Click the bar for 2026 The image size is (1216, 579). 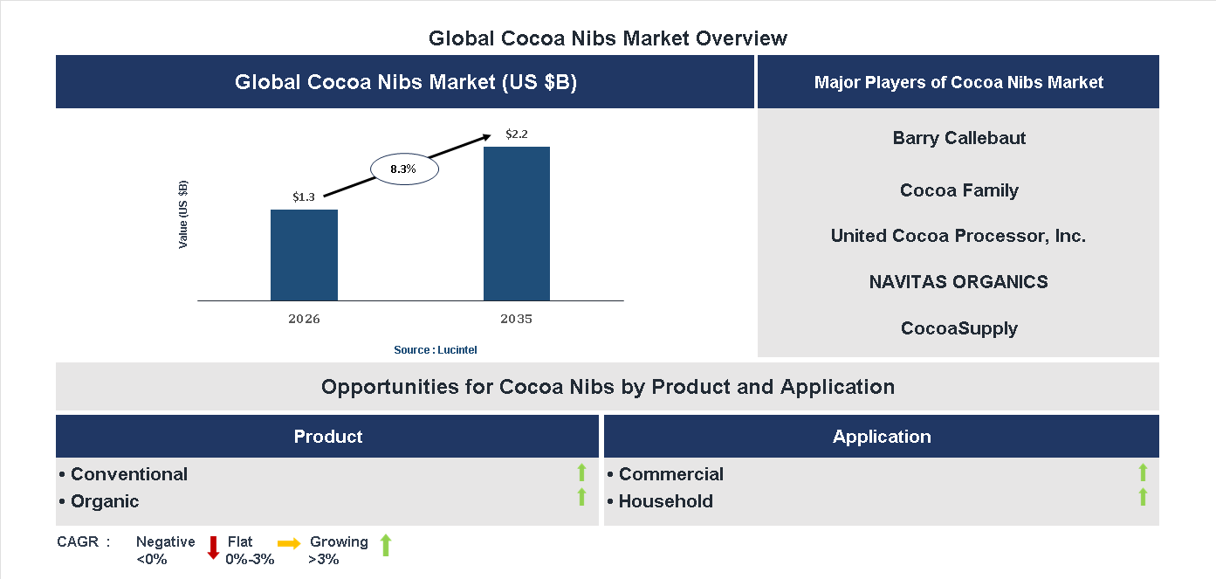coord(304,255)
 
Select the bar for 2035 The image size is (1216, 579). coord(517,224)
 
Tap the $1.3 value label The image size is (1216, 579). coord(304,197)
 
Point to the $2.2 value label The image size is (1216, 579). coord(517,134)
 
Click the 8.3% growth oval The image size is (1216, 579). coord(403,169)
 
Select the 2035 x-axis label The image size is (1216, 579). coord(516,319)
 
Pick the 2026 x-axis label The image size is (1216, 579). coord(304,319)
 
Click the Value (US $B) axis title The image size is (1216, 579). coord(183,214)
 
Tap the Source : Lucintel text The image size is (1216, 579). coord(435,349)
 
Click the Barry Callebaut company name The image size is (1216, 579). coord(958,138)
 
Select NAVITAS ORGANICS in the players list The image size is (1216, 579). coord(958,282)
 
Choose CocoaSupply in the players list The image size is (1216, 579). coord(958,328)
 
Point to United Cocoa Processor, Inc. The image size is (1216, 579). coord(958,236)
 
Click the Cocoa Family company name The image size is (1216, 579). coord(958,190)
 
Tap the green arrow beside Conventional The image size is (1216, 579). coord(581,473)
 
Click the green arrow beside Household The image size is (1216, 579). coord(1143,498)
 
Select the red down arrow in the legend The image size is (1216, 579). coord(212,548)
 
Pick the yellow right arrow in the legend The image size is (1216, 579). coord(289,543)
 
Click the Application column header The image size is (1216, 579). coord(881,437)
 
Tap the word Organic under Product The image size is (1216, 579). coord(105,501)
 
